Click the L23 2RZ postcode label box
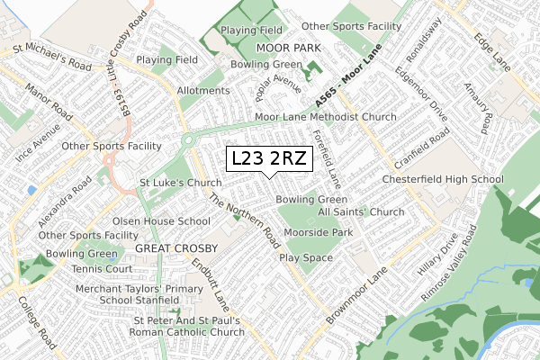click(270, 159)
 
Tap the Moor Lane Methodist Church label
click(326, 117)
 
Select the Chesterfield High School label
click(442, 180)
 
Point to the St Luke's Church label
click(180, 183)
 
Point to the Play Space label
click(305, 257)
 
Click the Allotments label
click(203, 91)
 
